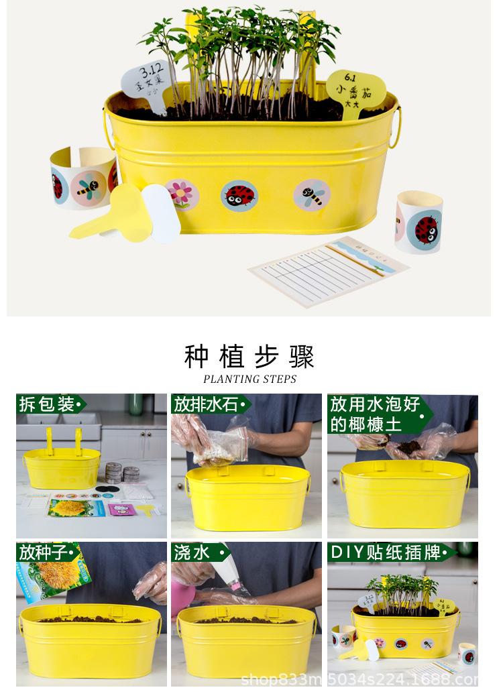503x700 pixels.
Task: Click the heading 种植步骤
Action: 249,356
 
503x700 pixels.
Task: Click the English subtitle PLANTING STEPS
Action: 249,379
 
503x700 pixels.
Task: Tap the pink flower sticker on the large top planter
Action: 182,194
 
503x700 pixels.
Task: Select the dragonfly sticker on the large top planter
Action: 311,194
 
